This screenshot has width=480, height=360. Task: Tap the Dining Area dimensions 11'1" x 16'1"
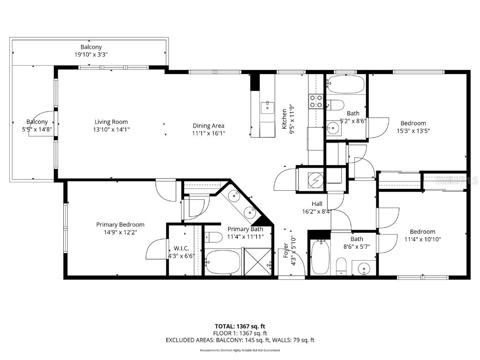(x=209, y=133)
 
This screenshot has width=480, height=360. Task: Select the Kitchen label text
(x=284, y=119)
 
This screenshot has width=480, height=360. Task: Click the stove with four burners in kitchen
(x=315, y=101)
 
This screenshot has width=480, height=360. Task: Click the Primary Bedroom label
(x=120, y=225)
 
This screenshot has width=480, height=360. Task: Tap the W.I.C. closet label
(x=181, y=248)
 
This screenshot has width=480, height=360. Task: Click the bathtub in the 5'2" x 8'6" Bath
(x=345, y=84)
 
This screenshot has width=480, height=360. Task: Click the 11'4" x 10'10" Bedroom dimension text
(x=422, y=239)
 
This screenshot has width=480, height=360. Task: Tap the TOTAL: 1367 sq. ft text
(x=240, y=326)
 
